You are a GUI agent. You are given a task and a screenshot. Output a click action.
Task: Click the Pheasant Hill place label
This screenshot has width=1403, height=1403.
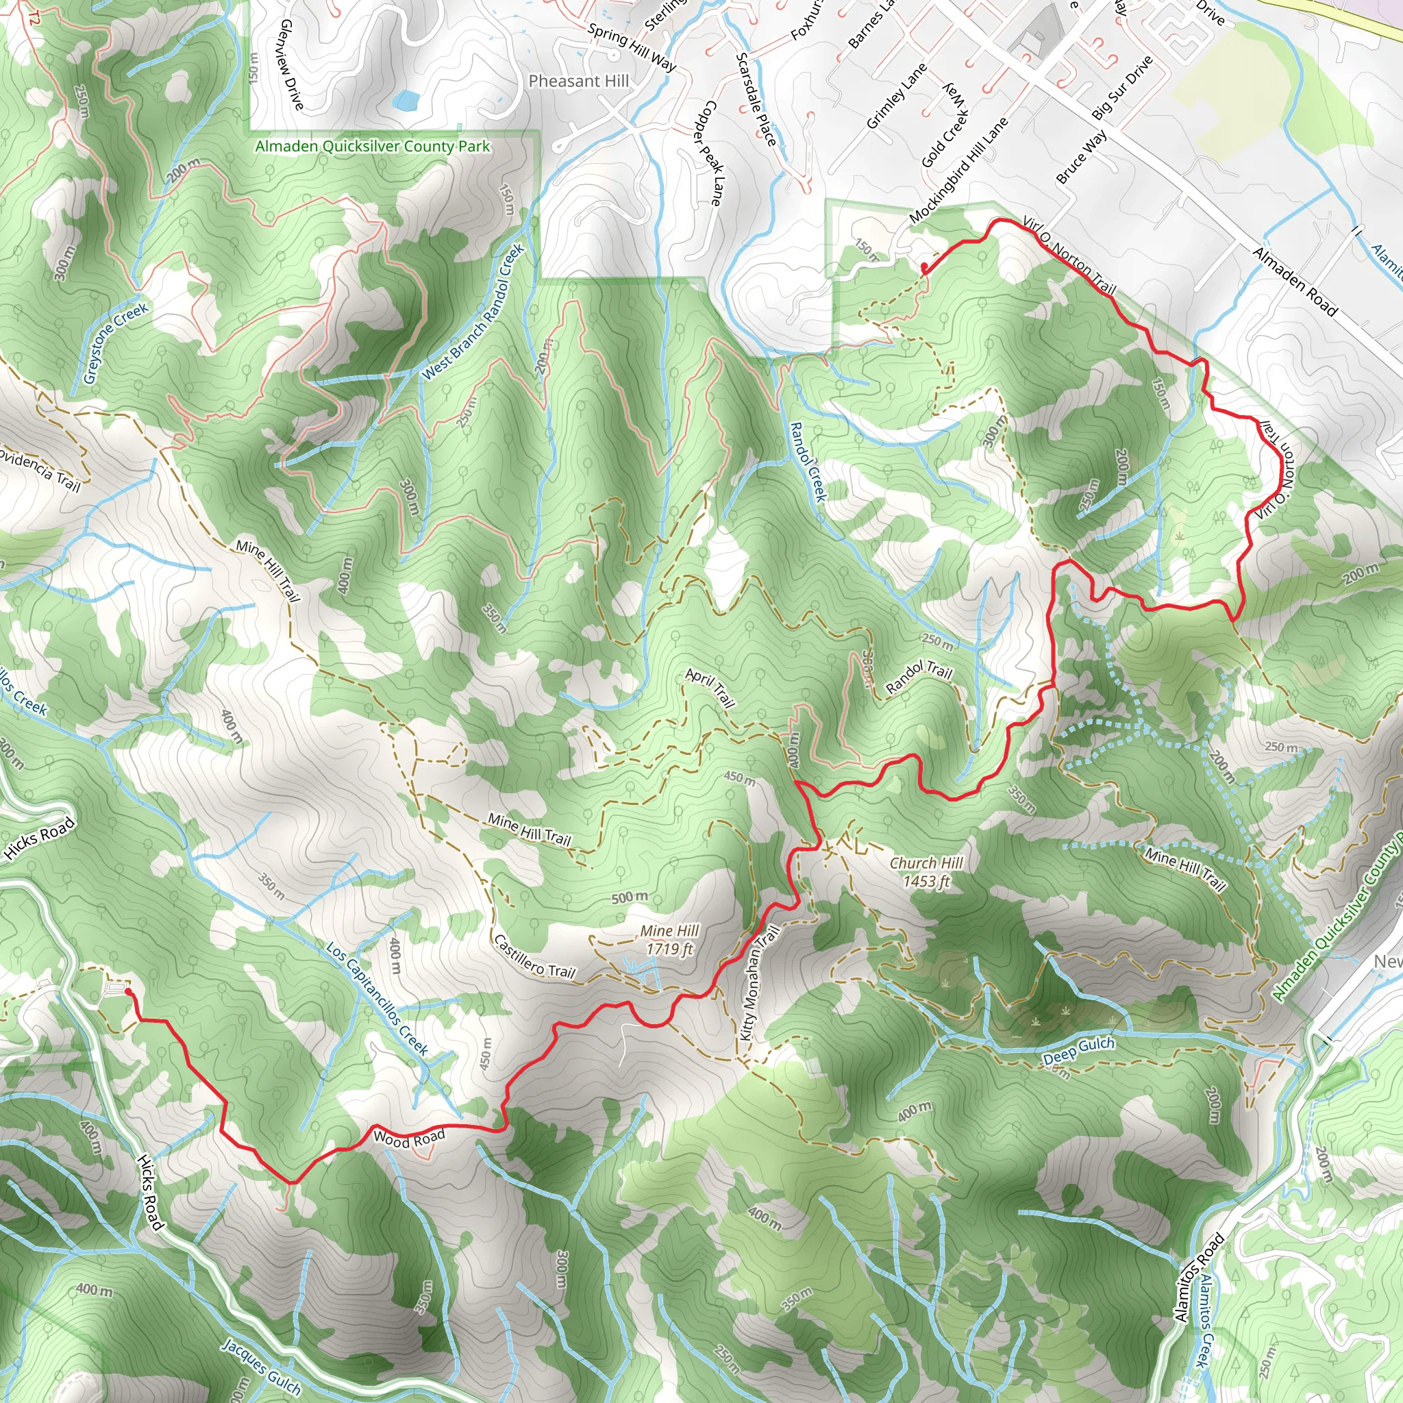coord(578,82)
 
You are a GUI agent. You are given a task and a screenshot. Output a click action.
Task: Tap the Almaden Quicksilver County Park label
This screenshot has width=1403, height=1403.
coord(372,146)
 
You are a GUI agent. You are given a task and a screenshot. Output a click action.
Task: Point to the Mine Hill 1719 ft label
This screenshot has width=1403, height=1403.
coord(669,939)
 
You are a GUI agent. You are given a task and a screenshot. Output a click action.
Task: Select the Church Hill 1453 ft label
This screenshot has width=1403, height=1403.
coord(926,871)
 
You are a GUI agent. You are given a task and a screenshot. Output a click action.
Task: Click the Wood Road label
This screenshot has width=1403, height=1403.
coord(408,1138)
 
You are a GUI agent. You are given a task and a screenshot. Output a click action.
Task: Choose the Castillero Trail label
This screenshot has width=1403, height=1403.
coord(534,956)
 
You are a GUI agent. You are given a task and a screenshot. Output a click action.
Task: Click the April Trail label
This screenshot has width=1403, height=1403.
coord(710,688)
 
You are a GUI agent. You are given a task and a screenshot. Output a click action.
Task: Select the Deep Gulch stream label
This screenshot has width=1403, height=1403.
coord(1078,1050)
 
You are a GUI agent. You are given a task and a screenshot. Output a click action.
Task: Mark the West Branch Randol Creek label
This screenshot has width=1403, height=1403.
coord(473,312)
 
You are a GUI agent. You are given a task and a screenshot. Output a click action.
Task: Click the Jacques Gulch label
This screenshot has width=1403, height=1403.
coord(261,1366)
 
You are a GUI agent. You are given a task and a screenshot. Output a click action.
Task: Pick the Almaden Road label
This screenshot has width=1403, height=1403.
coord(1294,282)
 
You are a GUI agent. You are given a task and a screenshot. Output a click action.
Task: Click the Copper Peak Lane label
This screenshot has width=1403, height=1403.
coord(706,153)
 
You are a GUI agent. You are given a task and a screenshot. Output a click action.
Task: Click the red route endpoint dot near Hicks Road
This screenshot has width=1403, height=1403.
coord(128,991)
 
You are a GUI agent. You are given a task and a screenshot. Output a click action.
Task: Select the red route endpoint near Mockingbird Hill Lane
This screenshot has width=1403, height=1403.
coord(923,268)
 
